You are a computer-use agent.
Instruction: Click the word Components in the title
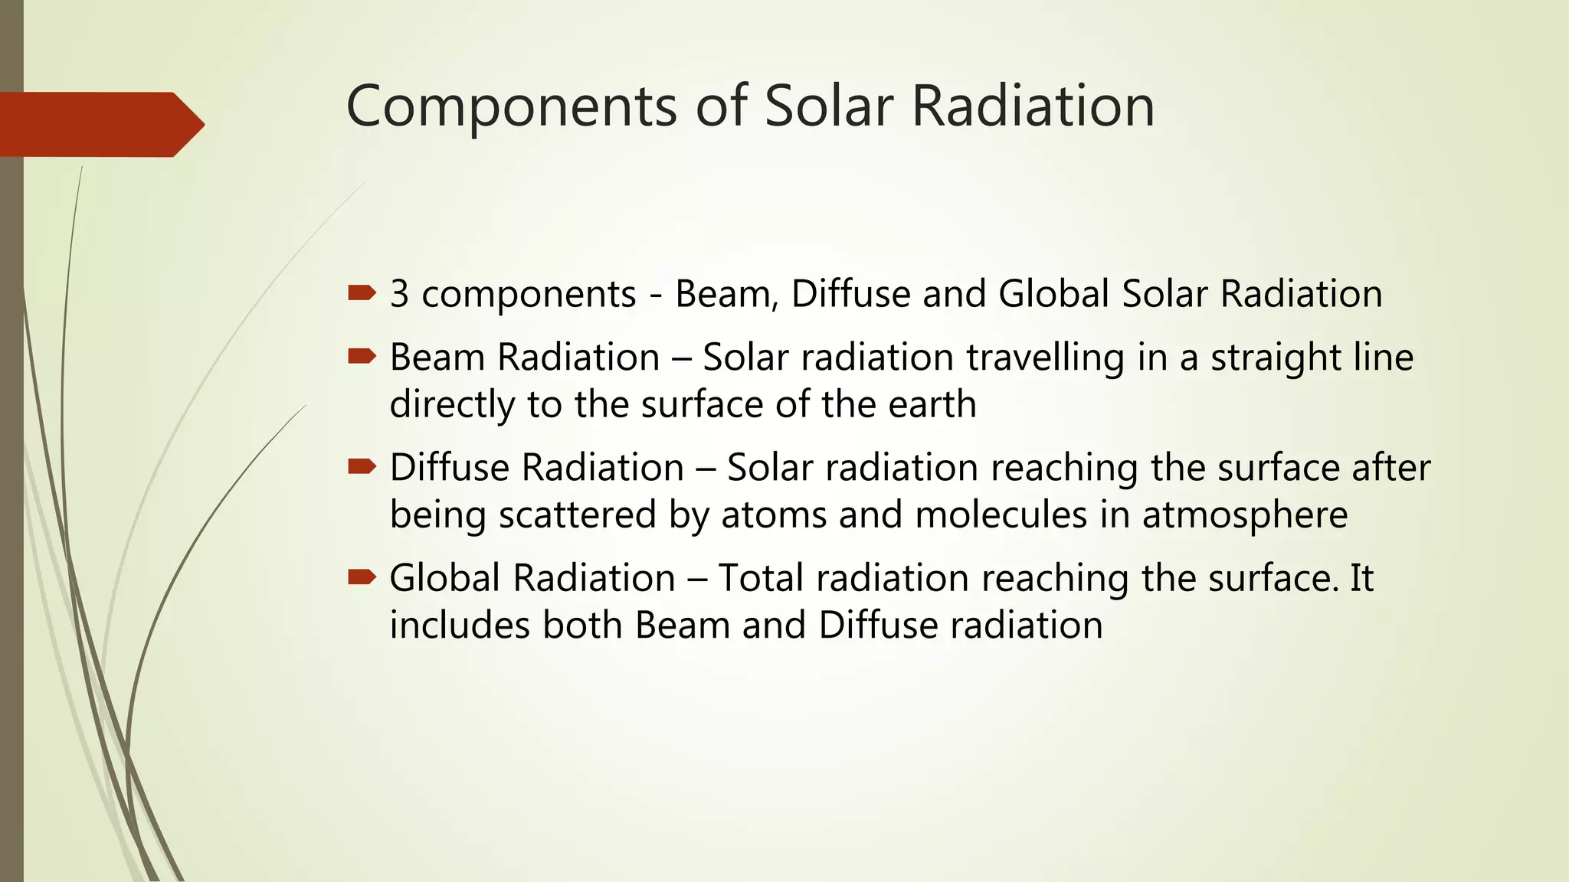point(511,107)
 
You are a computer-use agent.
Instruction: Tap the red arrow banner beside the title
point(100,124)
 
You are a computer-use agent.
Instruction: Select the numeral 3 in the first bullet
point(399,294)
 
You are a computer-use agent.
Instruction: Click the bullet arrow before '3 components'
point(362,292)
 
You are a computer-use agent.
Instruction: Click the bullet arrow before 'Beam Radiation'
point(362,356)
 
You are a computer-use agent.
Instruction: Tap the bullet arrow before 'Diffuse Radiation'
point(362,466)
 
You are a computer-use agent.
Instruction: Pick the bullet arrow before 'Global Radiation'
point(362,577)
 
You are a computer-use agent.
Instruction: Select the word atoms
point(773,515)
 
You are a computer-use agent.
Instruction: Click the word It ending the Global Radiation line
point(1361,578)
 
